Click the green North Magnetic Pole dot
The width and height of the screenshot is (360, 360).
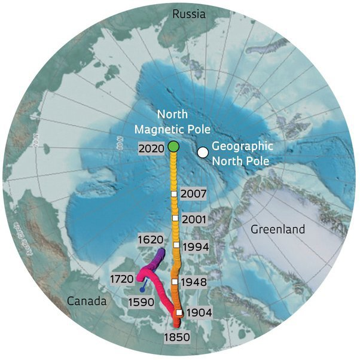[x=173, y=146]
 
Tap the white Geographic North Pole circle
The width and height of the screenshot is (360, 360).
[x=203, y=152]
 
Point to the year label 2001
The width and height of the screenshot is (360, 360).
[x=193, y=219]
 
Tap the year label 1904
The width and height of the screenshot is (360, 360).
[x=198, y=312]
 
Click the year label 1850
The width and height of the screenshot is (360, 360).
[x=176, y=337]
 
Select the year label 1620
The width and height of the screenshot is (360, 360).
[x=150, y=239]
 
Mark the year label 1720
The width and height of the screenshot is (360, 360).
[x=121, y=279]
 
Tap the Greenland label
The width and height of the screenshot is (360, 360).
[x=277, y=229]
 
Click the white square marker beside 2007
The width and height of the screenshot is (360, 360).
[x=174, y=194]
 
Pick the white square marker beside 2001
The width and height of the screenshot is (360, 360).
[x=175, y=219]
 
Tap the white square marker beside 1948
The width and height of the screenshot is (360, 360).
[x=175, y=281]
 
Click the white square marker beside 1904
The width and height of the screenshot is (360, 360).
[x=179, y=312]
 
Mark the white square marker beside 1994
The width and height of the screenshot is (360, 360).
[x=176, y=245]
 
